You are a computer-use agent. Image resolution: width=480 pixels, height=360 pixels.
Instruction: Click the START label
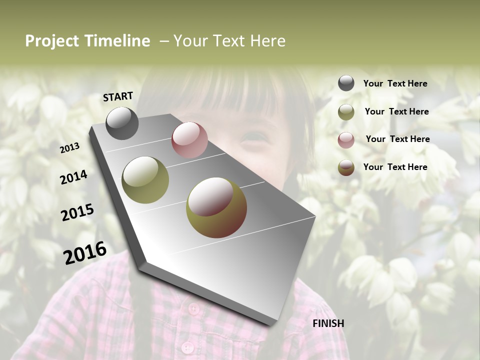tap(118, 96)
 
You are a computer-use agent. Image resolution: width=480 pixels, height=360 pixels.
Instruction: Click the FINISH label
tap(328, 323)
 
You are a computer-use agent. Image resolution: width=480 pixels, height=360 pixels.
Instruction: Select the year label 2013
tap(70, 147)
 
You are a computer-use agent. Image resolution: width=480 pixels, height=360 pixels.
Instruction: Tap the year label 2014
tap(73, 177)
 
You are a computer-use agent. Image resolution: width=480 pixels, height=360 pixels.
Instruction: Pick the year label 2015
tap(77, 212)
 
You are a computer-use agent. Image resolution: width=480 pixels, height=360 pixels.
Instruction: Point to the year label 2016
tap(85, 252)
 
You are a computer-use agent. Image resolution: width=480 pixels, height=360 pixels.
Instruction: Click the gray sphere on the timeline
tap(122, 123)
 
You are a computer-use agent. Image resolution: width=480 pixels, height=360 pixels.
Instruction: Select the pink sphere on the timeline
tap(189, 140)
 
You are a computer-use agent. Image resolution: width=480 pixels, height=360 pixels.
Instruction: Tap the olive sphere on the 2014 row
tap(145, 180)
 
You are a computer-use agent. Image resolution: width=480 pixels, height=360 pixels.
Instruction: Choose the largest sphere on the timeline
tap(216, 207)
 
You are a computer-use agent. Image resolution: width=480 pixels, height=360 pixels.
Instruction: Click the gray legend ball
tap(346, 83)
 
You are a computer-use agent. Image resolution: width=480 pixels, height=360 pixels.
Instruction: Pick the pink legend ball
tap(346, 140)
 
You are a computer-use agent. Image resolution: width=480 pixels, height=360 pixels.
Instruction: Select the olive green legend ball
tap(346, 112)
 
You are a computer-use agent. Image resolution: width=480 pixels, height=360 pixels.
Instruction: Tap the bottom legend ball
tap(346, 167)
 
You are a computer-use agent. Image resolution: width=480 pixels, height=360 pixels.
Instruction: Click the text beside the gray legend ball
tap(395, 83)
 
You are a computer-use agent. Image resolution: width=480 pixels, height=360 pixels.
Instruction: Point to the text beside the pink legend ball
tap(397, 139)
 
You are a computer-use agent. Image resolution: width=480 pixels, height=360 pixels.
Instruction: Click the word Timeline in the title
tap(117, 41)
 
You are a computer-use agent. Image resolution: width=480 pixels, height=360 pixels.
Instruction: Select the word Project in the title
tap(52, 41)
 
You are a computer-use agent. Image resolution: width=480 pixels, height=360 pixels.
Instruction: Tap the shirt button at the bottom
tap(187, 347)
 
